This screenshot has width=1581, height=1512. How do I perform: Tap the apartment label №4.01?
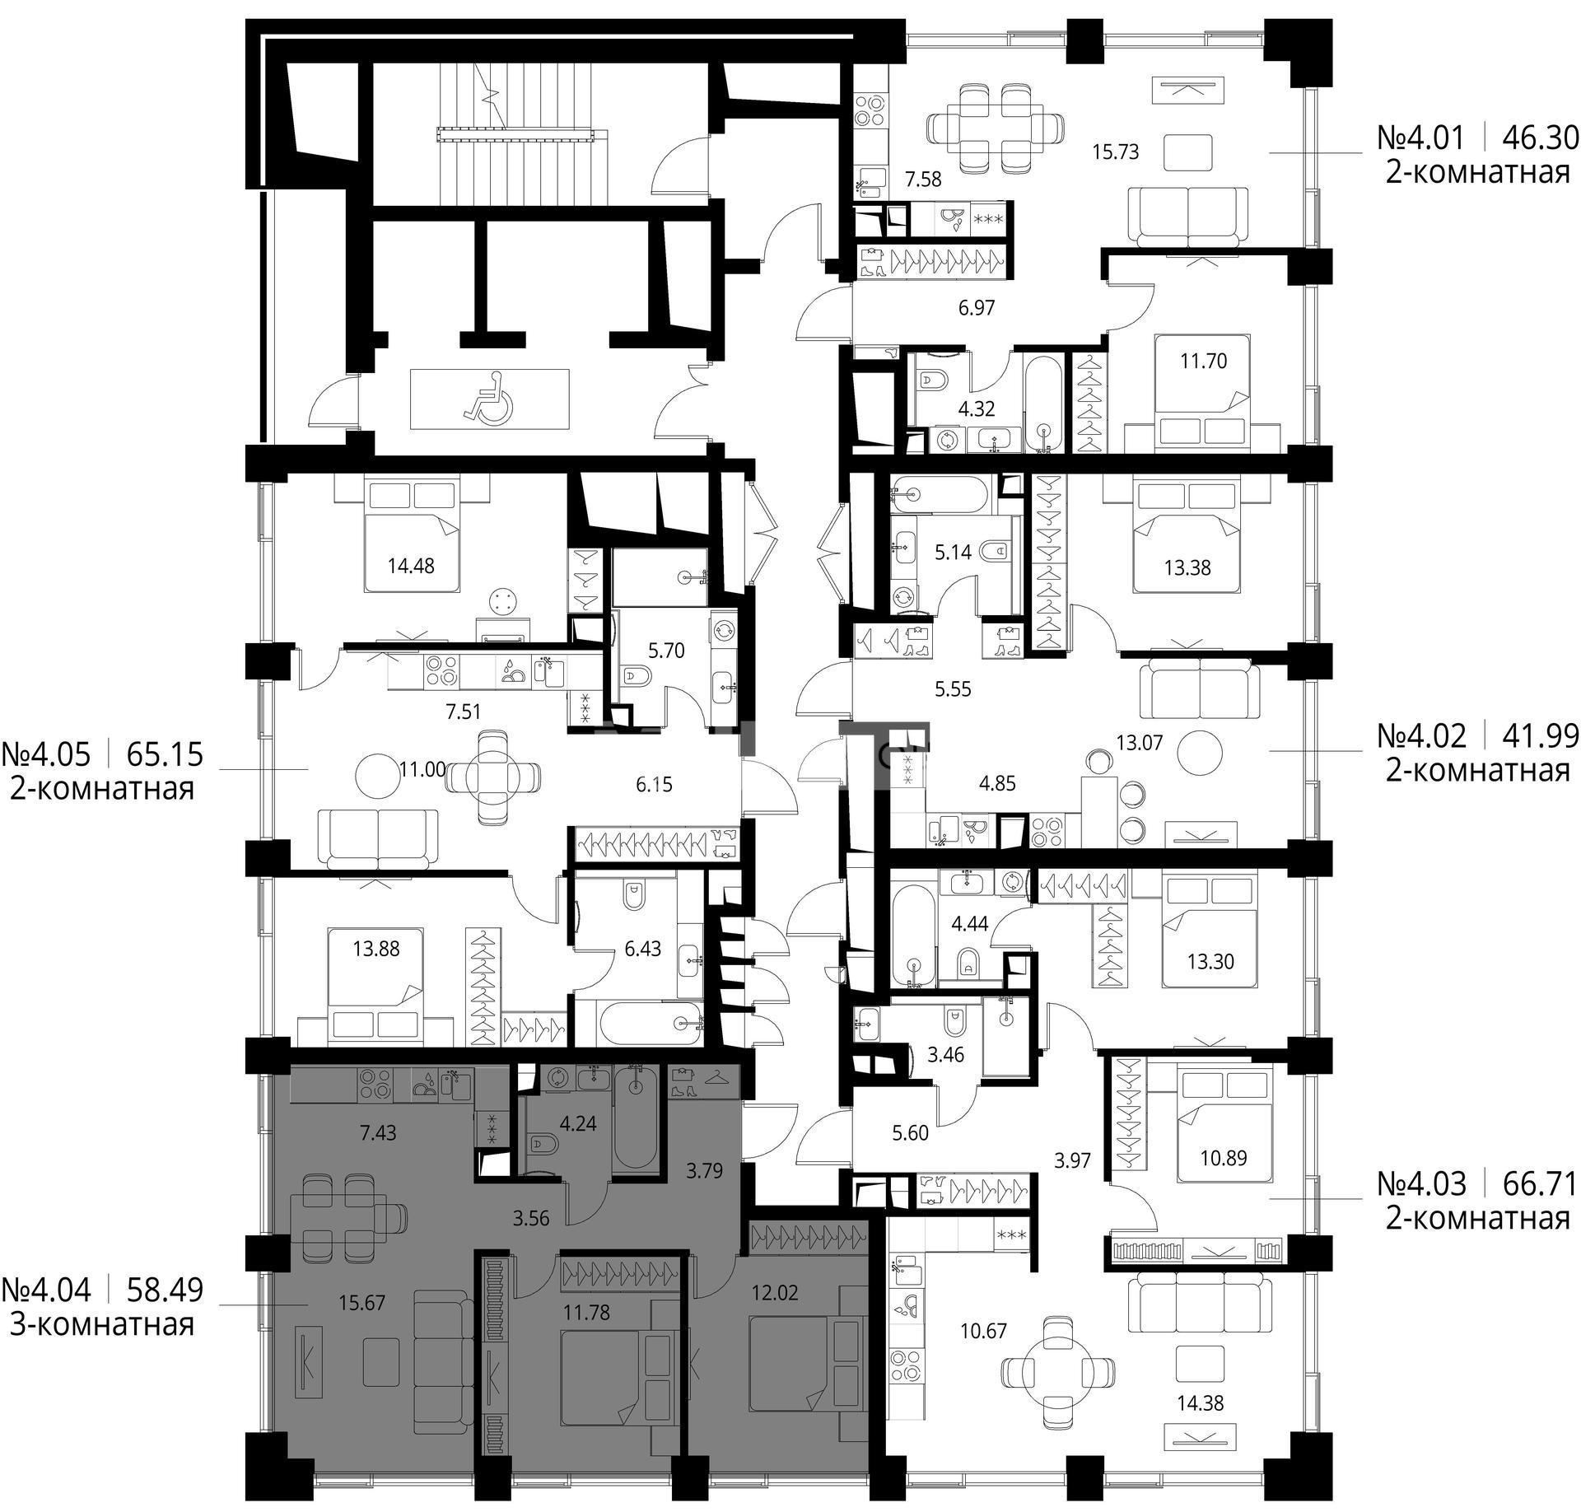tap(1420, 138)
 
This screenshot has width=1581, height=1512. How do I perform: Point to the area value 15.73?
tap(1116, 152)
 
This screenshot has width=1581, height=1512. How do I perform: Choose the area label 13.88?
tap(376, 949)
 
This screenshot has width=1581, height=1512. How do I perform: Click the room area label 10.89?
tap(1224, 1158)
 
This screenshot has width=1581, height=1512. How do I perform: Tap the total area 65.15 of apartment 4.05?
tap(166, 754)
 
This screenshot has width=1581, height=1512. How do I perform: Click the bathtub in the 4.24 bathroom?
tap(636, 1118)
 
